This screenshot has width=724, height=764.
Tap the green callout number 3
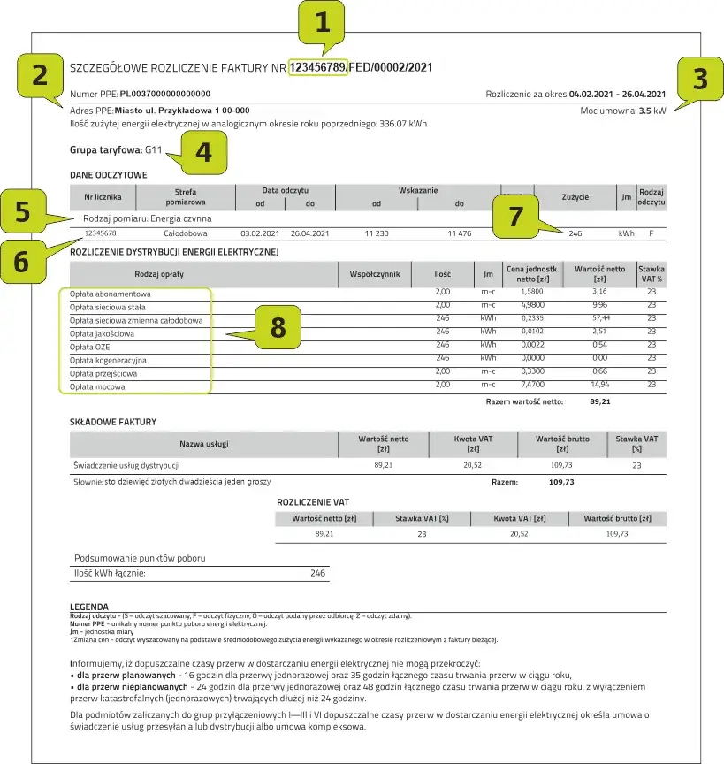click(699, 80)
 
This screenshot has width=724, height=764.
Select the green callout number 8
click(278, 328)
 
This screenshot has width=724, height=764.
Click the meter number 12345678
click(100, 233)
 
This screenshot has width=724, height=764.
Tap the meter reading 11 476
click(460, 233)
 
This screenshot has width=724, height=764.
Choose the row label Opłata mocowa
click(97, 386)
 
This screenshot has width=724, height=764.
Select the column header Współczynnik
click(375, 274)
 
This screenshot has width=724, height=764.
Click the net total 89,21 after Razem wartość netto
click(599, 401)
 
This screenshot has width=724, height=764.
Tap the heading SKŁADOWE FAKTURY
click(112, 422)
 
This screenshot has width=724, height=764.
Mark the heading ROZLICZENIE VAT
click(312, 501)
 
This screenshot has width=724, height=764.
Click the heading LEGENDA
click(88, 607)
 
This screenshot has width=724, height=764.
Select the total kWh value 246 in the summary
click(317, 573)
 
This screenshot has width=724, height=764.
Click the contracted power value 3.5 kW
click(652, 112)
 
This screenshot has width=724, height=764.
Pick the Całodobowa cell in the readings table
click(186, 233)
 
